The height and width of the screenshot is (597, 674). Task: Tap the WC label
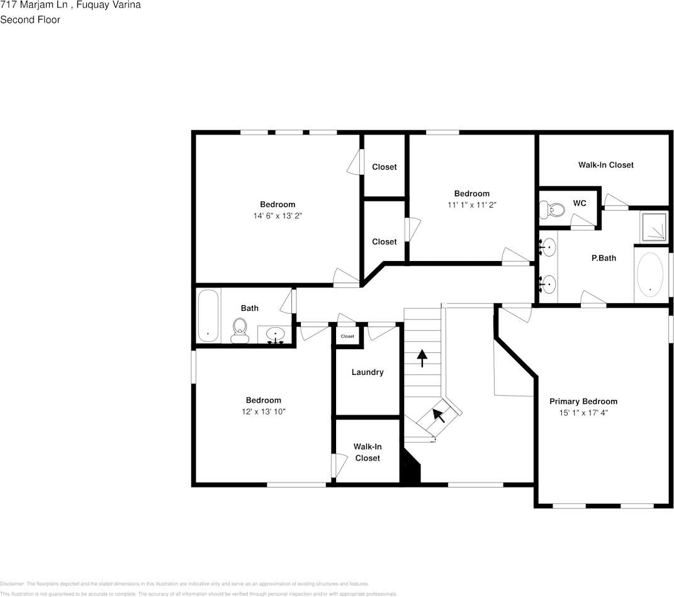click(x=579, y=203)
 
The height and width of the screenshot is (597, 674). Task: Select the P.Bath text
click(x=604, y=258)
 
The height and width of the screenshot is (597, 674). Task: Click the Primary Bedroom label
click(x=583, y=401)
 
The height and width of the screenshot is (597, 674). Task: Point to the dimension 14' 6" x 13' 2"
click(x=278, y=216)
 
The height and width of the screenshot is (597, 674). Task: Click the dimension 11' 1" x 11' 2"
click(x=471, y=205)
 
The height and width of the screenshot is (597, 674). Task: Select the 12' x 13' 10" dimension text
click(x=263, y=411)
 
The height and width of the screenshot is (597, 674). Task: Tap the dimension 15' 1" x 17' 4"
click(x=583, y=413)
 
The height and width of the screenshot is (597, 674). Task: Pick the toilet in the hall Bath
click(x=240, y=330)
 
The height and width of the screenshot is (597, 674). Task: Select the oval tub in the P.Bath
click(x=650, y=276)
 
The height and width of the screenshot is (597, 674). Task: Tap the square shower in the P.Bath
click(x=654, y=226)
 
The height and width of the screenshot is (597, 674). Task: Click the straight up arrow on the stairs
click(x=422, y=359)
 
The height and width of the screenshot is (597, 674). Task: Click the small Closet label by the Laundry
click(x=347, y=337)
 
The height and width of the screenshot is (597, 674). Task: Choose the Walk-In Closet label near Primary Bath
click(x=605, y=165)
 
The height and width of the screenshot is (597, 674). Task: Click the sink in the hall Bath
click(x=276, y=334)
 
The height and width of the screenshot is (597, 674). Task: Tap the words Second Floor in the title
click(x=30, y=20)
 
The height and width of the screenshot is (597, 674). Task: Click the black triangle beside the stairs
click(x=410, y=469)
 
